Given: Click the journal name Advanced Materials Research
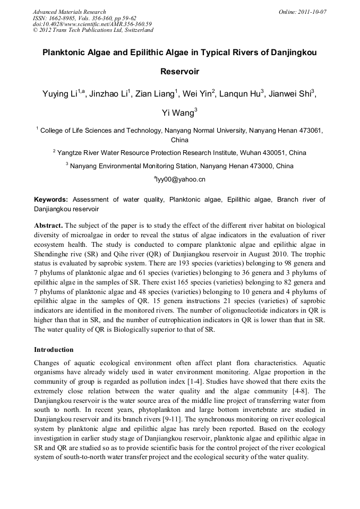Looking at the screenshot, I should click(69, 12).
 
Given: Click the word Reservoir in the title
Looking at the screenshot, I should click(179, 71).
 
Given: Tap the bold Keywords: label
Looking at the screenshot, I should click(51, 200).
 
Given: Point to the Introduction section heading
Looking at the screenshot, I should click(54, 350).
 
